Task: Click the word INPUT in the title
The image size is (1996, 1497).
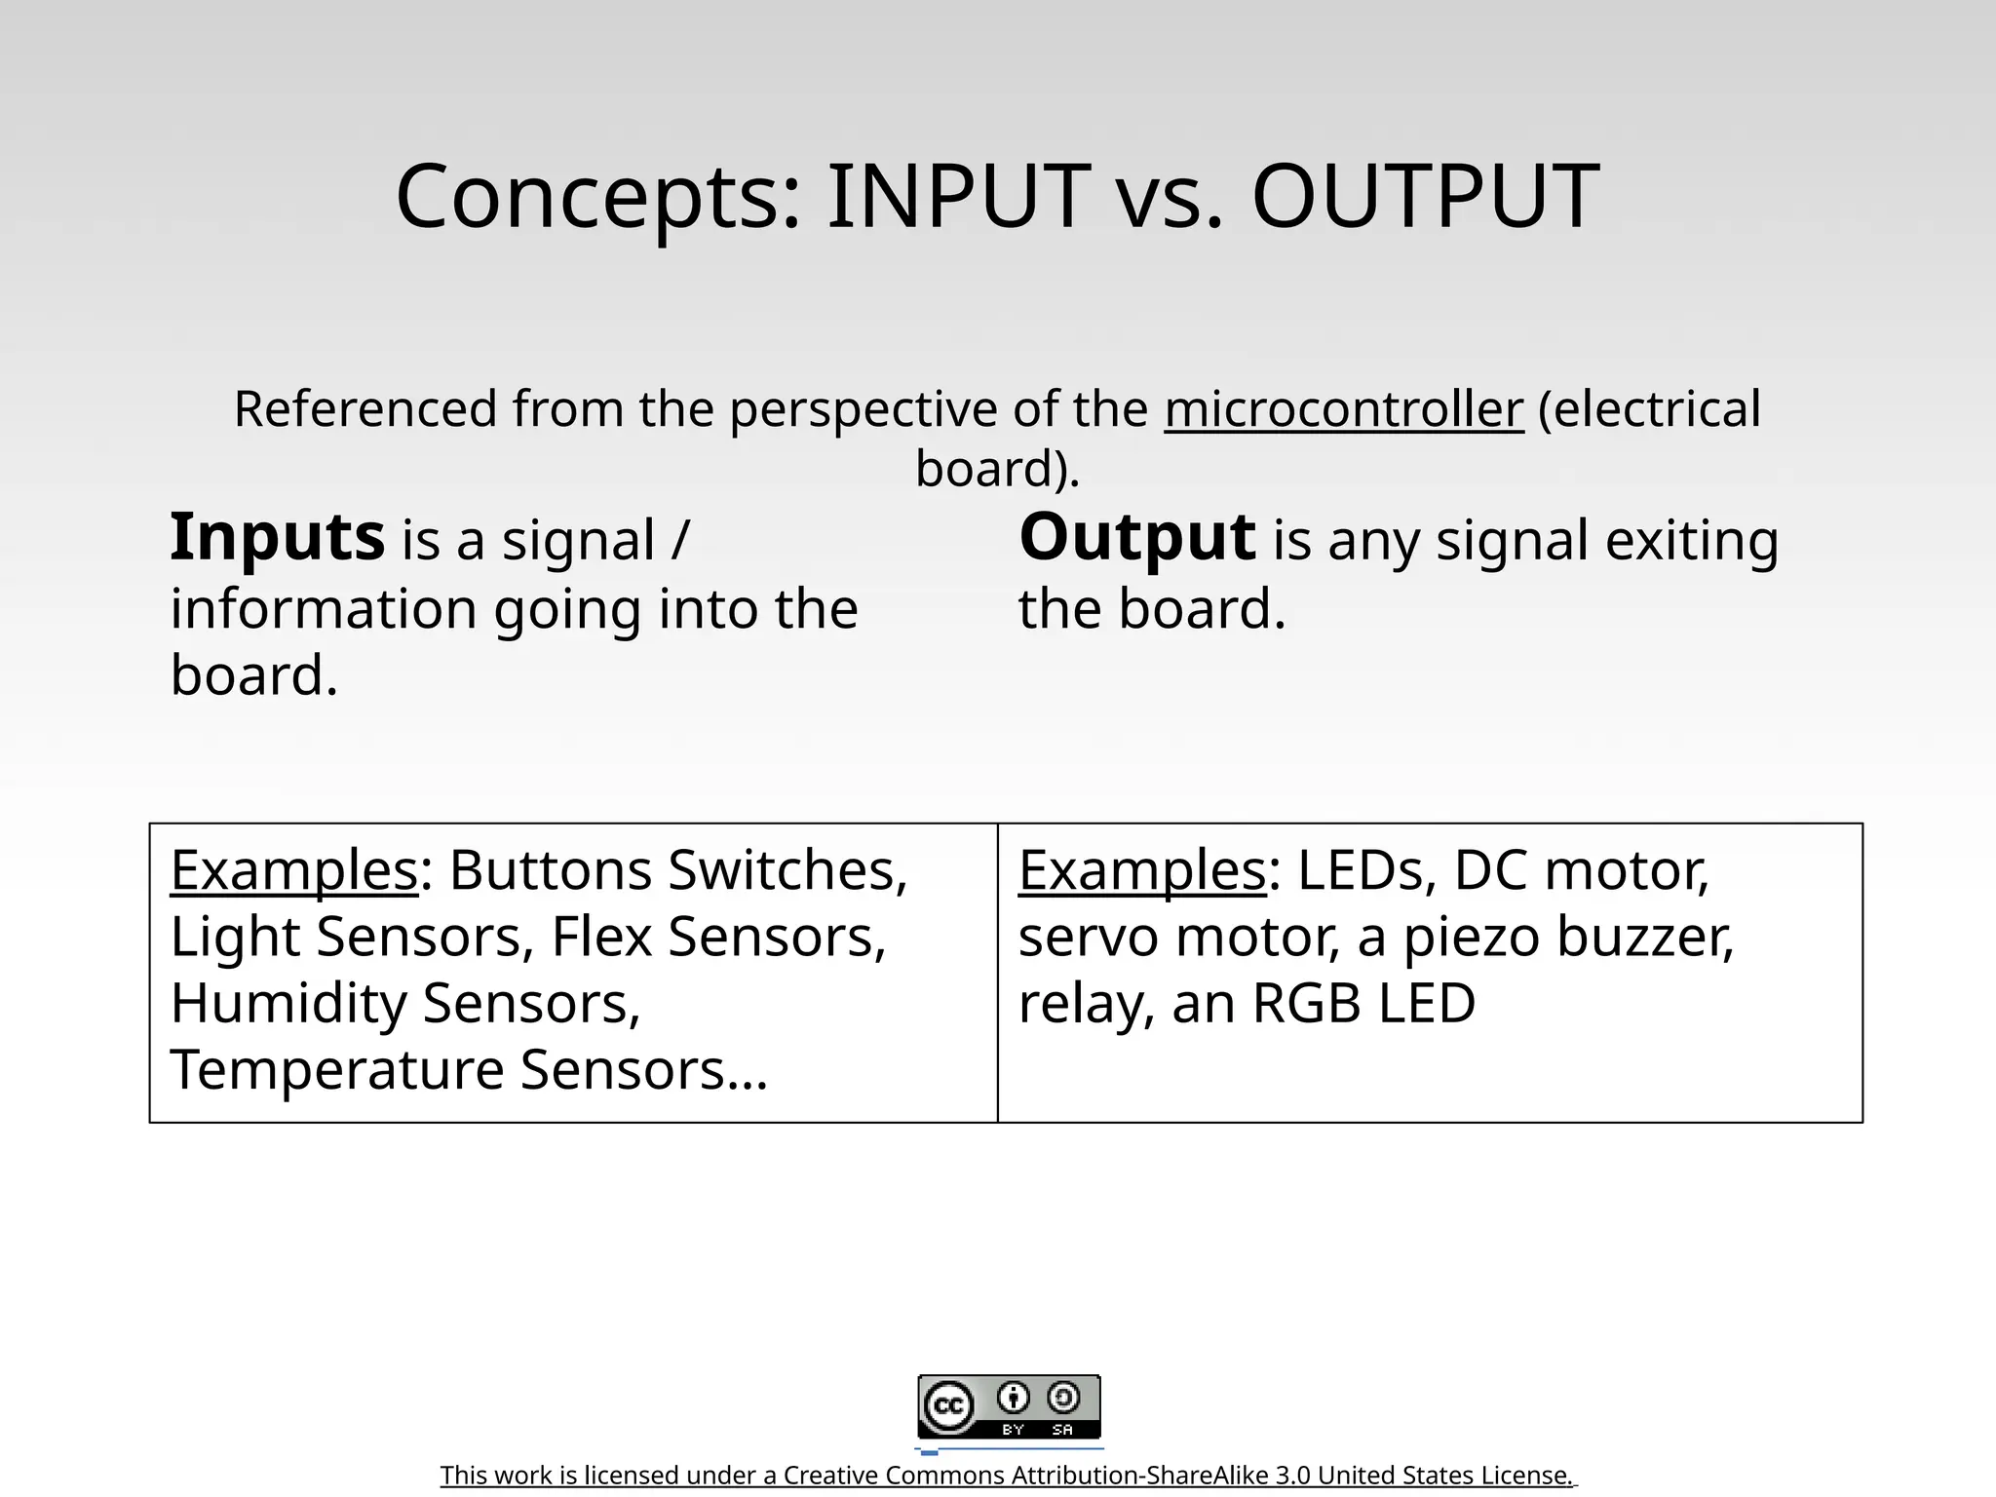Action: point(958,198)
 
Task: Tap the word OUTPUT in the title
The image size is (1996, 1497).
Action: point(1425,198)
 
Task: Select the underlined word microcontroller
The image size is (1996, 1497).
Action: point(1343,410)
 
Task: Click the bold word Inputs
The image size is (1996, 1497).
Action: point(278,539)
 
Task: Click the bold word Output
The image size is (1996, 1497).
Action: point(1136,539)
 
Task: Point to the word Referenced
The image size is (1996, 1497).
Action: point(365,410)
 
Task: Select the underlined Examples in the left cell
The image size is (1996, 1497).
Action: point(293,871)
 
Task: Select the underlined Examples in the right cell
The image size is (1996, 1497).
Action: point(1141,871)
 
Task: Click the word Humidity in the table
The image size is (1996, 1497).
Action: point(288,1005)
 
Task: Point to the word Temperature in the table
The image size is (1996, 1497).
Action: point(337,1070)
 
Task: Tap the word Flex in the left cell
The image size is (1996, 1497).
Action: point(601,938)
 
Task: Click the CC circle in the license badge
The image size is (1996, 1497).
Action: point(948,1406)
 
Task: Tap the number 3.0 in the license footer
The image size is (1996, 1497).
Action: point(1293,1476)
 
